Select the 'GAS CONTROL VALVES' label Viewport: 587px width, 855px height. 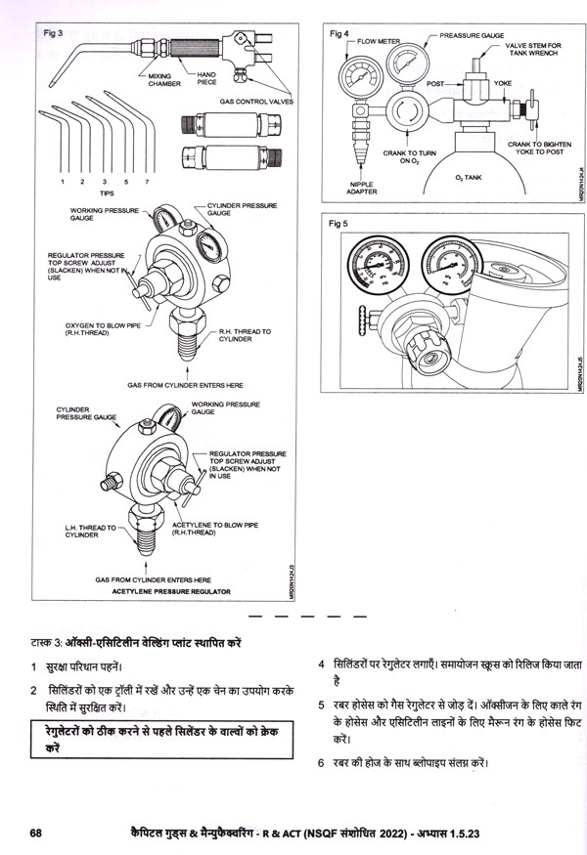click(257, 101)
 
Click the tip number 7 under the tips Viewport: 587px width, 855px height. click(146, 183)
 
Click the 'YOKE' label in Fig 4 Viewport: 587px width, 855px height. click(504, 84)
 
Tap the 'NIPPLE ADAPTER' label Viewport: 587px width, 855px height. click(362, 188)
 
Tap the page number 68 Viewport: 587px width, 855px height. click(36, 833)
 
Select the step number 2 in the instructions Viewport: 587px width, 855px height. click(32, 690)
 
